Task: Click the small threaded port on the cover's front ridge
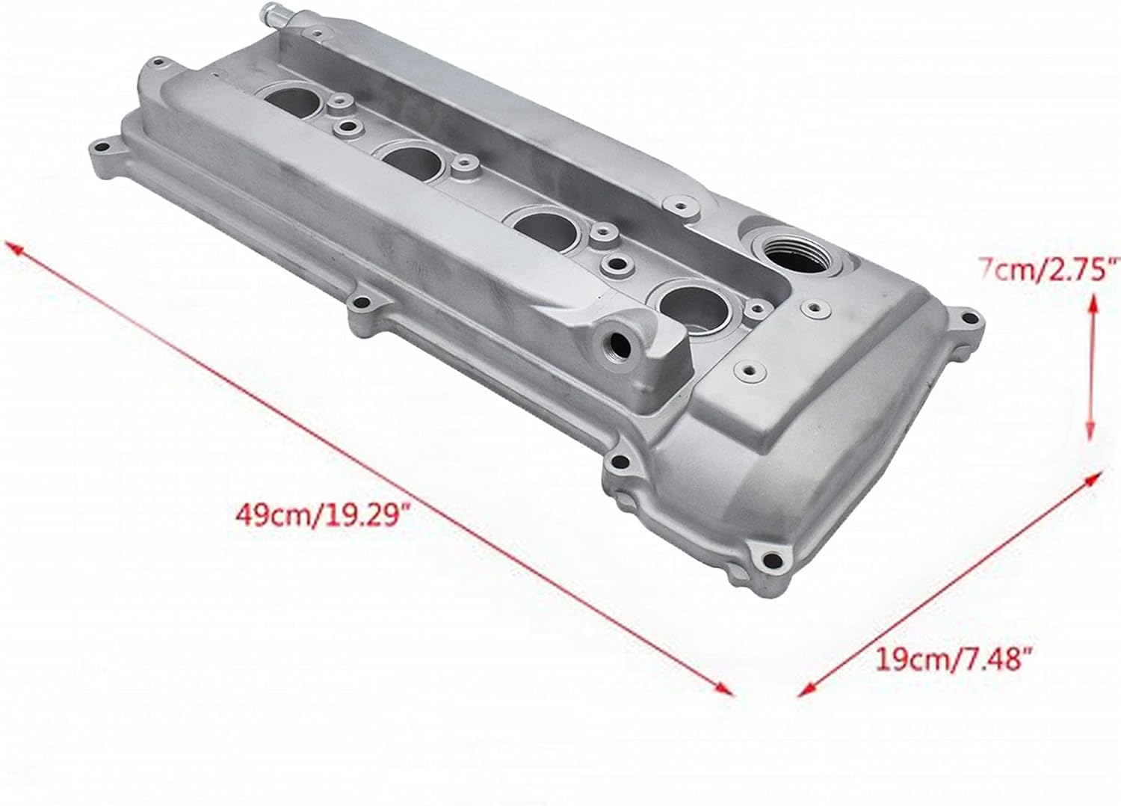click(619, 345)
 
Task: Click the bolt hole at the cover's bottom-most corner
click(771, 561)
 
